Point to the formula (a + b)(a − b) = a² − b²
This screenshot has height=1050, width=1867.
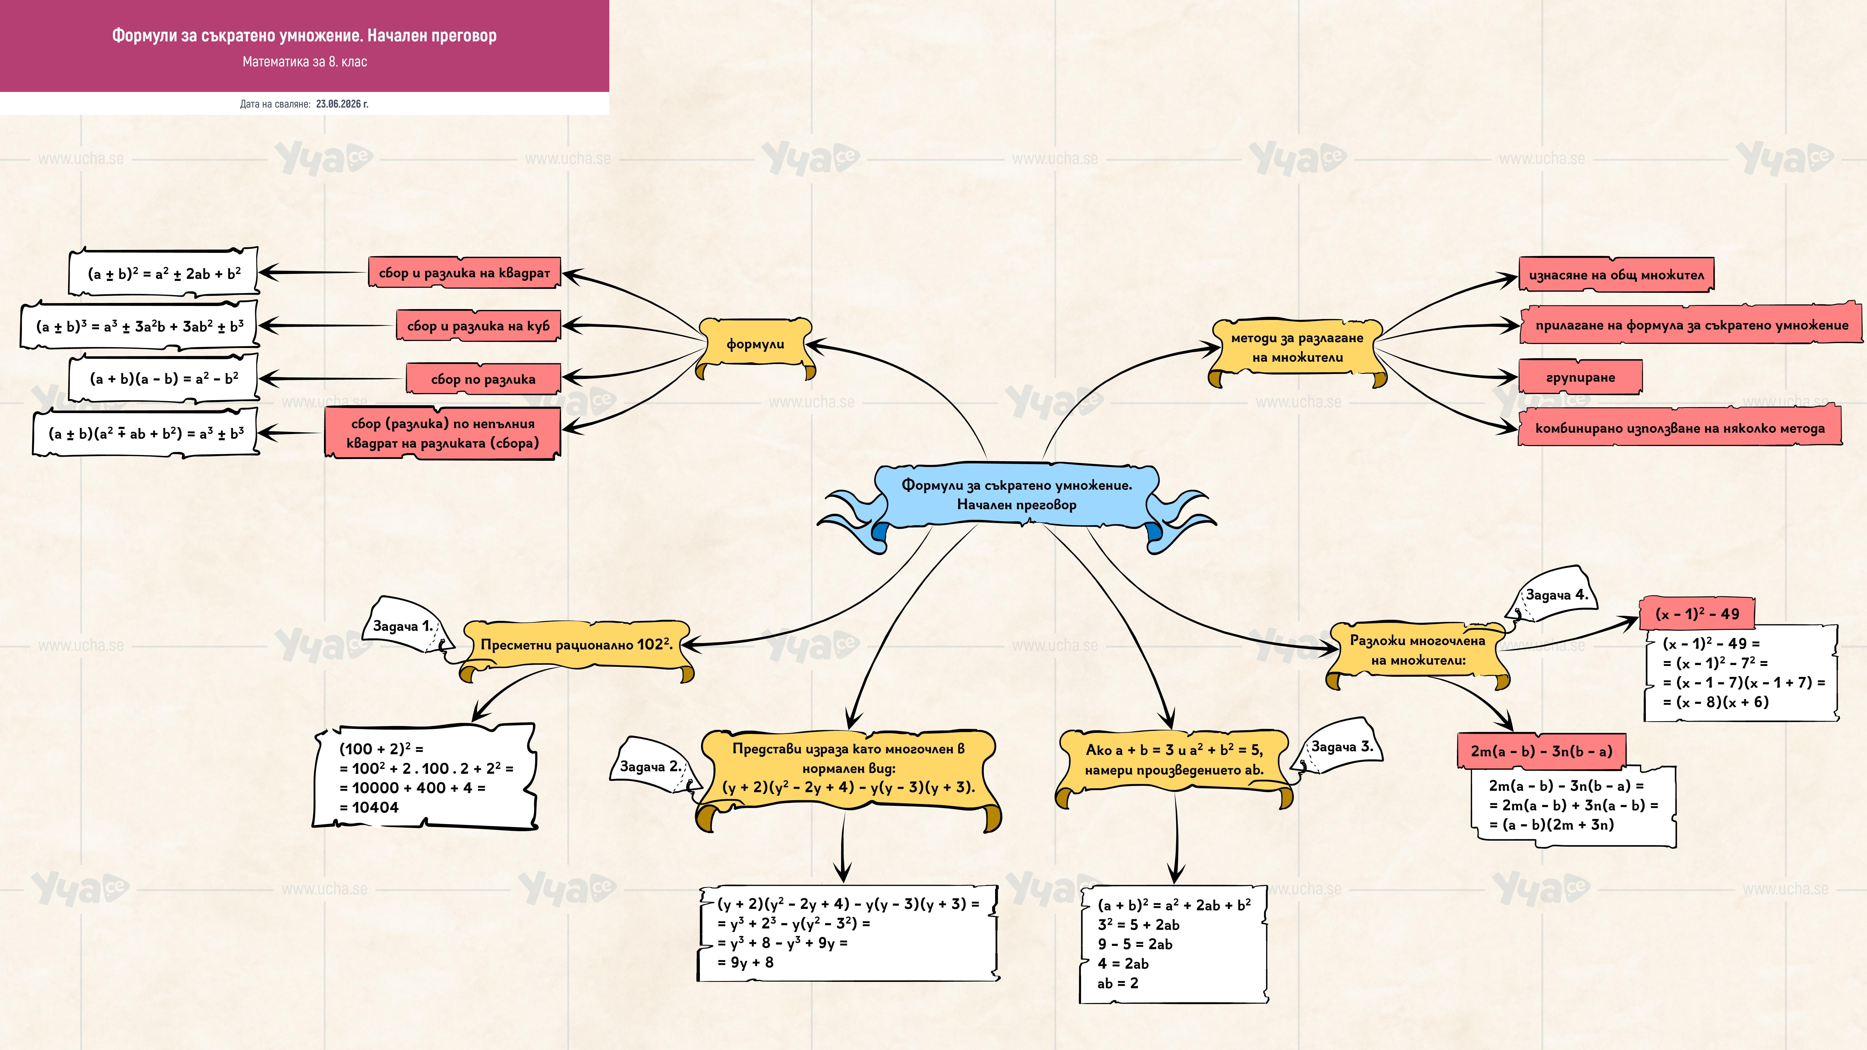[x=164, y=378]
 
